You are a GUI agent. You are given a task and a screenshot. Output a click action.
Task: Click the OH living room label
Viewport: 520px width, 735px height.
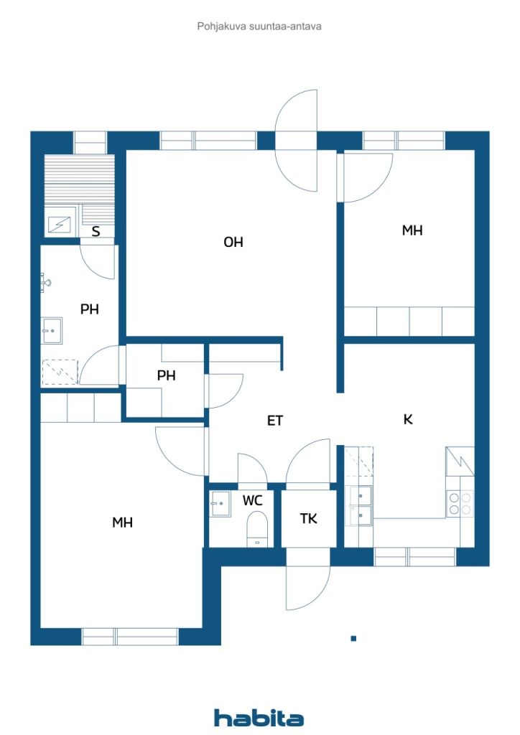click(233, 242)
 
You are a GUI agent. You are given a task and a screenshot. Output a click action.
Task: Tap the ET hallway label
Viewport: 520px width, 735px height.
click(275, 421)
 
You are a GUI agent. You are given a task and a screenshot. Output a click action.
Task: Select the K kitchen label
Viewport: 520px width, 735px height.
click(408, 419)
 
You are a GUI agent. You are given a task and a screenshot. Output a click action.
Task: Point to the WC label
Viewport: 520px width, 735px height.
click(252, 500)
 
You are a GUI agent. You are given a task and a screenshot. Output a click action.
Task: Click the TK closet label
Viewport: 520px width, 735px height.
click(309, 518)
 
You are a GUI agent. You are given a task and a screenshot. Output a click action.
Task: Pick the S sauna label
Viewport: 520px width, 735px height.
click(96, 231)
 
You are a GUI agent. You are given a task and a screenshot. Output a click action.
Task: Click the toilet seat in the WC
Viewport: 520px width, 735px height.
click(256, 529)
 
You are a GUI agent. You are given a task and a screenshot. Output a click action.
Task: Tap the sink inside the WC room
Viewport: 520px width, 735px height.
click(220, 503)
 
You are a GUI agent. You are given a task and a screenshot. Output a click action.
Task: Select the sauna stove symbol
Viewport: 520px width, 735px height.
click(61, 225)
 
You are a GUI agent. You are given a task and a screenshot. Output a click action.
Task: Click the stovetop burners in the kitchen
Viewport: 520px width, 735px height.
click(460, 503)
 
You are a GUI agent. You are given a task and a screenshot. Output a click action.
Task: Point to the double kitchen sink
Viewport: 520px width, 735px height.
click(361, 506)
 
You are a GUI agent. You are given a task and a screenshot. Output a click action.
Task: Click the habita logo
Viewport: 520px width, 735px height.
click(259, 718)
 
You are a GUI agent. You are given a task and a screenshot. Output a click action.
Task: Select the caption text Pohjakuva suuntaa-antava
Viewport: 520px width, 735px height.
click(259, 27)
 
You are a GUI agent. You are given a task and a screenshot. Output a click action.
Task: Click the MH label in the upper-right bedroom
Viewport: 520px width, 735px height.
click(412, 230)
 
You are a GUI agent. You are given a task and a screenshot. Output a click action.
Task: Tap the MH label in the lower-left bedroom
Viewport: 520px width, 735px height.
click(122, 523)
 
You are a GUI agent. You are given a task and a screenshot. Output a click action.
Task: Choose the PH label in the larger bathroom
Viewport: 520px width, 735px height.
click(90, 309)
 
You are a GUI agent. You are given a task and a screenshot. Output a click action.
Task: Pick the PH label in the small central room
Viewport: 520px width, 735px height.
click(167, 375)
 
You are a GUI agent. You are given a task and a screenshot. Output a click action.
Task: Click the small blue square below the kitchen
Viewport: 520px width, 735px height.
click(353, 638)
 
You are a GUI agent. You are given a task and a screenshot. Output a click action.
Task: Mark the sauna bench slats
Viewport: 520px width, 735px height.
click(79, 180)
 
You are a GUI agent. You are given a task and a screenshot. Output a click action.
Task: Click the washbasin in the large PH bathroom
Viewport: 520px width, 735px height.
click(52, 330)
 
